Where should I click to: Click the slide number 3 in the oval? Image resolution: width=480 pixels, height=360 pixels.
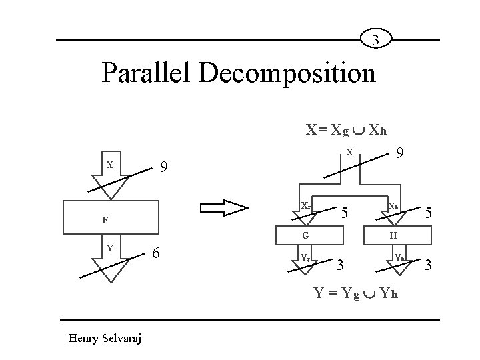click(377, 41)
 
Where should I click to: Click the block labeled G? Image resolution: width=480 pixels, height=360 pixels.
click(305, 235)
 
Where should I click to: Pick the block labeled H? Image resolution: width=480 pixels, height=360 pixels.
click(394, 235)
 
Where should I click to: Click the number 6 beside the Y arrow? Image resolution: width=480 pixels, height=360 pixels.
click(155, 253)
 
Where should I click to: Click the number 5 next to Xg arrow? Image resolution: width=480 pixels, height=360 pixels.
click(345, 213)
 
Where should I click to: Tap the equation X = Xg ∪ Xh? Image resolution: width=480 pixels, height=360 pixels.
click(347, 130)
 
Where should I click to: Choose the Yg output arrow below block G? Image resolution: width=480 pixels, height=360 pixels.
click(305, 261)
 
